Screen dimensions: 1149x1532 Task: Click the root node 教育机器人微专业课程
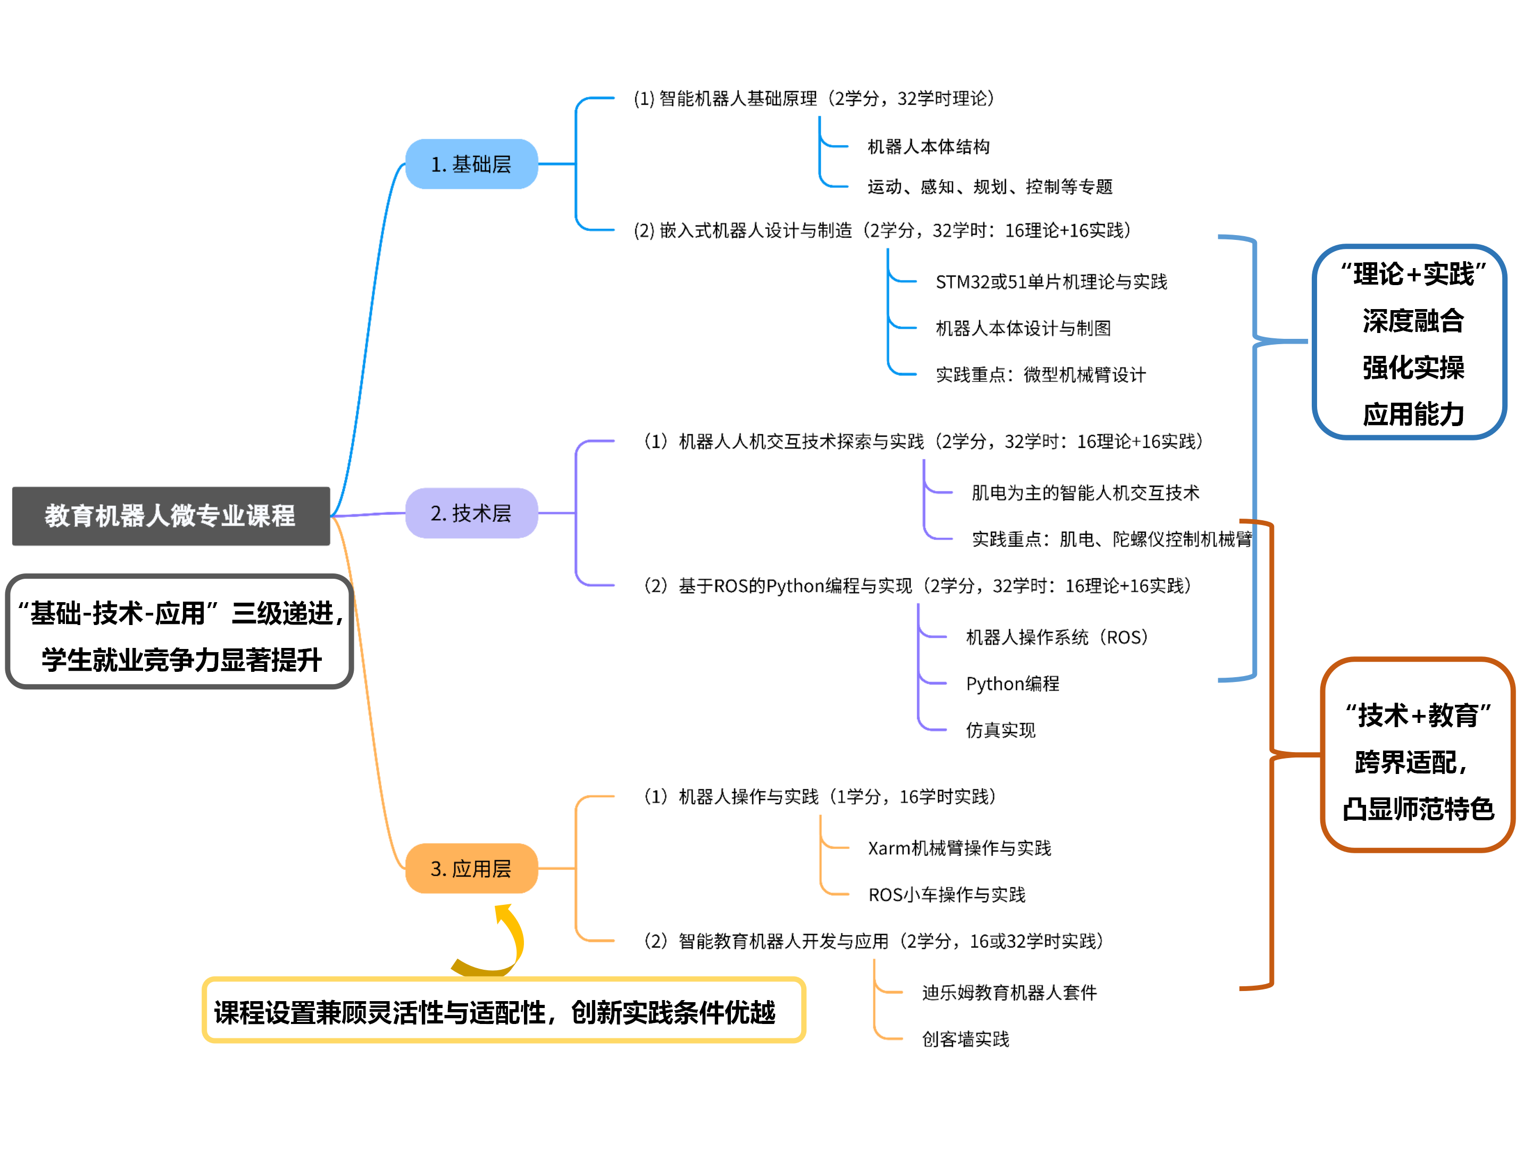pyautogui.click(x=170, y=516)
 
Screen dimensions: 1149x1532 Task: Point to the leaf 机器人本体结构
pyautogui.click(x=928, y=147)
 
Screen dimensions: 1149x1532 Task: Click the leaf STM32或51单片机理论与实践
pyautogui.click(x=1051, y=282)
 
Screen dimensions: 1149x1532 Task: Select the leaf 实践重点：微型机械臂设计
pyautogui.click(x=1040, y=374)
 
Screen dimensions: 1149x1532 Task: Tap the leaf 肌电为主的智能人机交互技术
pyautogui.click(x=1085, y=493)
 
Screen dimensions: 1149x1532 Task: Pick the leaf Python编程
pyautogui.click(x=1012, y=684)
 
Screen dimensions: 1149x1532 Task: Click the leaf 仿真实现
pyautogui.click(x=1000, y=730)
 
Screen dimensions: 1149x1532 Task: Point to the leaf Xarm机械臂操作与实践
pyautogui.click(x=959, y=848)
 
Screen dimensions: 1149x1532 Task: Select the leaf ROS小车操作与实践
pyautogui.click(x=946, y=895)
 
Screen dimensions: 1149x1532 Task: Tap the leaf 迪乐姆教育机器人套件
pyautogui.click(x=1009, y=993)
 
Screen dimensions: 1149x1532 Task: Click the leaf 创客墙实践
pyautogui.click(x=965, y=1039)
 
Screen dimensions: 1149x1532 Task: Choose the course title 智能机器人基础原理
pyautogui.click(x=738, y=98)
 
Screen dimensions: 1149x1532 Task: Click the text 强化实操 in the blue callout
pyautogui.click(x=1413, y=368)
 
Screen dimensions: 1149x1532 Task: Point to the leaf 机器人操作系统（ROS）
pyautogui.click(x=1057, y=637)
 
